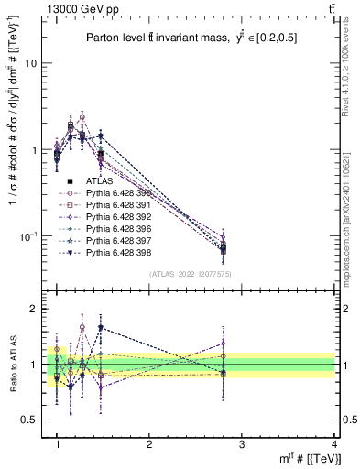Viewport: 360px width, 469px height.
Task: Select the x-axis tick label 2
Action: (149, 443)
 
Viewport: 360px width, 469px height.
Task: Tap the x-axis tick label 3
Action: (242, 443)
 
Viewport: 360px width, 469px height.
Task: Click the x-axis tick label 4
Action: (333, 443)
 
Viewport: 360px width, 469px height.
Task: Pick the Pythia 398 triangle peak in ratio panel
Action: (100, 327)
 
